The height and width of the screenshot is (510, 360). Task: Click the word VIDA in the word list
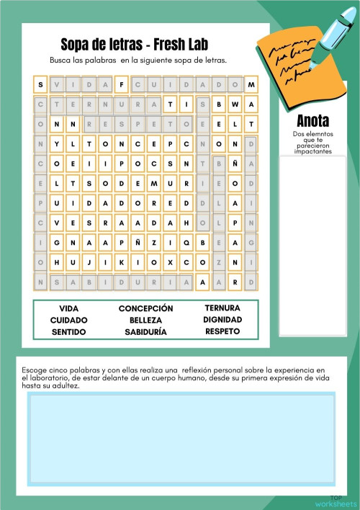[69, 308]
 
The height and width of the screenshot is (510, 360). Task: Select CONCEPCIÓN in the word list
[145, 308]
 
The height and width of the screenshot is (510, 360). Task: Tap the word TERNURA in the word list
[222, 308]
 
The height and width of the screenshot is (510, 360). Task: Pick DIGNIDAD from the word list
[222, 319]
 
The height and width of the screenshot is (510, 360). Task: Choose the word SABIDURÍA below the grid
[145, 332]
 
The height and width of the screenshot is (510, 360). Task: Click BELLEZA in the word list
[145, 320]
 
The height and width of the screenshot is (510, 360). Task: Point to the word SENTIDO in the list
[69, 332]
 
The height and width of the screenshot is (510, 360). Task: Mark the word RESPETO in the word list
[222, 331]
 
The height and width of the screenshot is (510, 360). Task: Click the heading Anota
[312, 121]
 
